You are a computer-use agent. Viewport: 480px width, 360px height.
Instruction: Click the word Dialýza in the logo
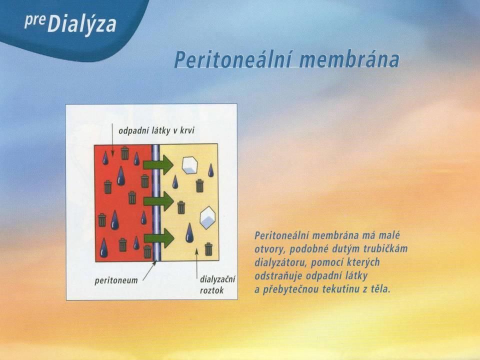tap(81, 24)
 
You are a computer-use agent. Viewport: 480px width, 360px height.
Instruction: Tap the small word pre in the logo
tap(34, 21)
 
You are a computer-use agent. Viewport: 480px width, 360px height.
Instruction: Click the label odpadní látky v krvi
tap(156, 131)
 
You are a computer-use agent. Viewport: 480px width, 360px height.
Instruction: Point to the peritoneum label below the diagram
tap(116, 280)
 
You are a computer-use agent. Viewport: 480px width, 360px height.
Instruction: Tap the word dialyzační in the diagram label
tap(217, 280)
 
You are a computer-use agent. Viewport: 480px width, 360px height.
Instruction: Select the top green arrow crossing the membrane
tap(158, 164)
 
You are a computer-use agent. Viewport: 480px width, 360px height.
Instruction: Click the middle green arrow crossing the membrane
tap(158, 201)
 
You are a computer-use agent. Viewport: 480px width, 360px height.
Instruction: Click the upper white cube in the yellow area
tap(190, 165)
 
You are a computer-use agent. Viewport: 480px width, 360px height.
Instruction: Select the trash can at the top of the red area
tap(124, 153)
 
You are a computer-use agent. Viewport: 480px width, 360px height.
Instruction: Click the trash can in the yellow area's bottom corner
tap(208, 249)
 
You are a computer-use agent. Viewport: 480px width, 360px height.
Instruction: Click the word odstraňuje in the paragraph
tap(278, 276)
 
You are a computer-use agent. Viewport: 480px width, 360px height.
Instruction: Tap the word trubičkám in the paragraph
tap(385, 248)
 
